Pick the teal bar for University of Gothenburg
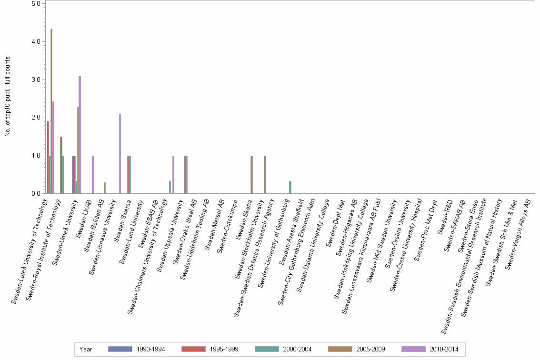tap(290, 187)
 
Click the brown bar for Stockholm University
tap(265, 174)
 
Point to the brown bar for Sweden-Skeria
tap(251, 174)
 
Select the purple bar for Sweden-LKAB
tap(93, 174)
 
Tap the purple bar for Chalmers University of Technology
tap(173, 174)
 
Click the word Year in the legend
tap(86, 349)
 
